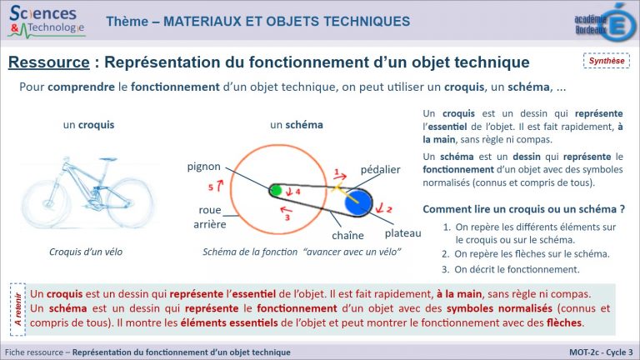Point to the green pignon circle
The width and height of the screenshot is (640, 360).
[x=276, y=191]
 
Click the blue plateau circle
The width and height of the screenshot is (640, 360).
[x=359, y=201]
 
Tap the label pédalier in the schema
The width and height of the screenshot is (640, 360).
[x=380, y=169]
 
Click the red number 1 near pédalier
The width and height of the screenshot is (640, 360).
[x=337, y=173]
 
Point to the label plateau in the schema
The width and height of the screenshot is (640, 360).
[x=403, y=232]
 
